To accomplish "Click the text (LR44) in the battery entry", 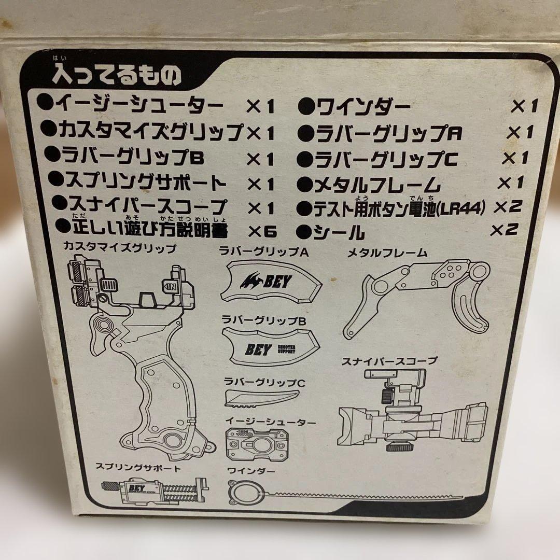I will (460, 208).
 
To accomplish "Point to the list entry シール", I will (338, 232).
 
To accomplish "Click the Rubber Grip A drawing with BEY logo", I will (270, 282).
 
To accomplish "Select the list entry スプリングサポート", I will (140, 183).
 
